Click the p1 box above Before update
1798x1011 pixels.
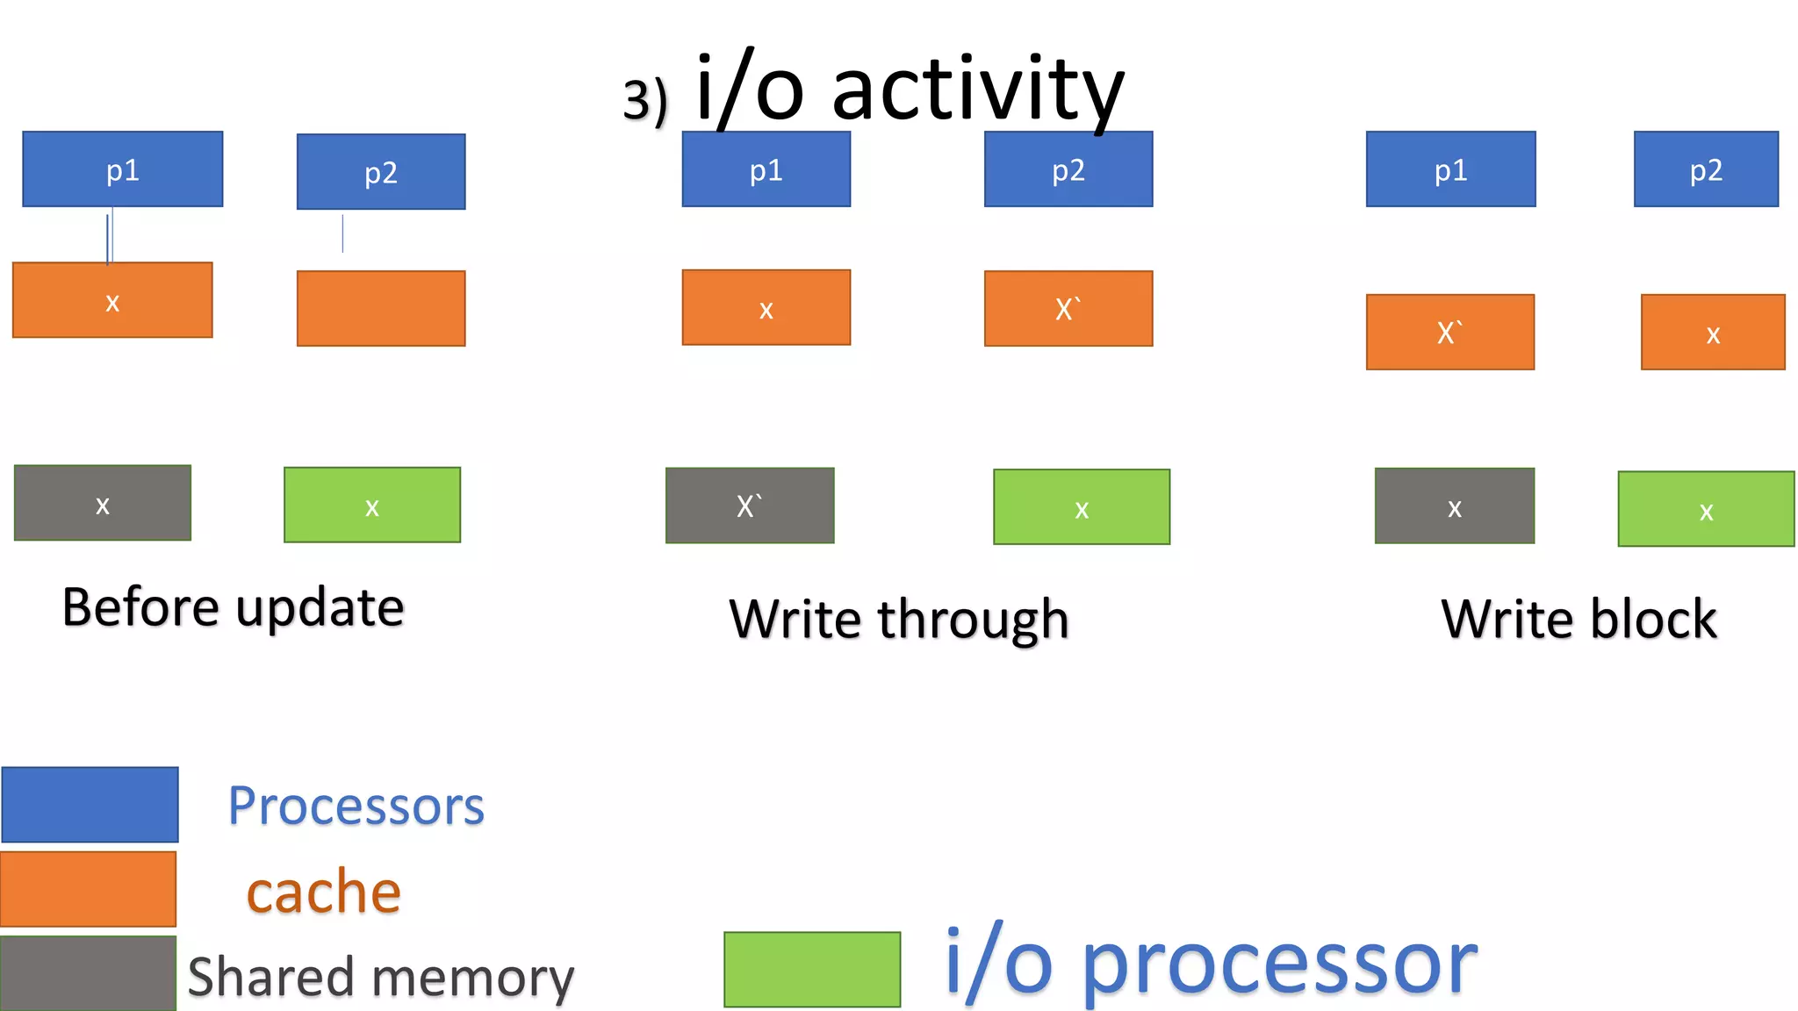click(x=122, y=169)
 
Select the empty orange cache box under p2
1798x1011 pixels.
click(x=381, y=308)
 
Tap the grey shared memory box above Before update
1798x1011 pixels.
click(x=103, y=503)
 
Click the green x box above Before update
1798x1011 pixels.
click(x=372, y=505)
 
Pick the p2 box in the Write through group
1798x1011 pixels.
click(x=1068, y=169)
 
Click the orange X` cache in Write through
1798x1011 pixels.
click(x=1068, y=308)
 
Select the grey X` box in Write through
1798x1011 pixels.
click(x=750, y=505)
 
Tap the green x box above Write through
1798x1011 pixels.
click(x=1082, y=507)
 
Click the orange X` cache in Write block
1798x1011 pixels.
click(x=1450, y=332)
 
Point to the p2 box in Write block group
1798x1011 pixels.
click(x=1706, y=169)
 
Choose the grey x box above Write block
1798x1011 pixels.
click(x=1455, y=505)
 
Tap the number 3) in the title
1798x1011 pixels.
click(x=645, y=101)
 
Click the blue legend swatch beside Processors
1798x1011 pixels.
click(x=90, y=805)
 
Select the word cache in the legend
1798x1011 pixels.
click(x=324, y=892)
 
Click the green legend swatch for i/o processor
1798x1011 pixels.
click(x=812, y=969)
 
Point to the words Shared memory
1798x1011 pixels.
click(x=381, y=977)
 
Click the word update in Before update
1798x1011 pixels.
click(x=320, y=608)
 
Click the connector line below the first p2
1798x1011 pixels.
click(x=342, y=233)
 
